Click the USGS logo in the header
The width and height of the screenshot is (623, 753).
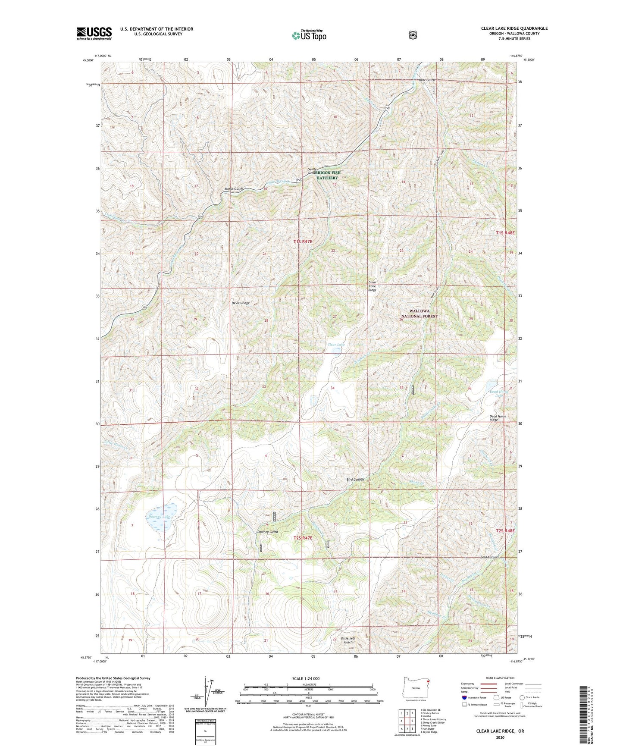pos(94,33)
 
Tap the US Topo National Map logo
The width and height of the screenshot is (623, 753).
pos(308,35)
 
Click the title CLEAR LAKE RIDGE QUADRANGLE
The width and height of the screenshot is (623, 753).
pos(514,28)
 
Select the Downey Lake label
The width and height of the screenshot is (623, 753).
pos(159,516)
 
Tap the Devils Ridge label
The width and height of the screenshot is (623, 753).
pos(240,303)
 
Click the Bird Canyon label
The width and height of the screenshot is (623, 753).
pos(355,480)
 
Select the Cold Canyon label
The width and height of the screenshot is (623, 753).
pos(489,557)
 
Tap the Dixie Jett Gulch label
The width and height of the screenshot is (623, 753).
pos(348,640)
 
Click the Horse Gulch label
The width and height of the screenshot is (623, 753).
pos(234,189)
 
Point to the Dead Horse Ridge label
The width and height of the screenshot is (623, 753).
pos(498,418)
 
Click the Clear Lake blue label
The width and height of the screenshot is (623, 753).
pos(336,345)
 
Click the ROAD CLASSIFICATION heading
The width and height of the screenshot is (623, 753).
pos(501,678)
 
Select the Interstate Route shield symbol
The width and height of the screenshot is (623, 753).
pos(464,697)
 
